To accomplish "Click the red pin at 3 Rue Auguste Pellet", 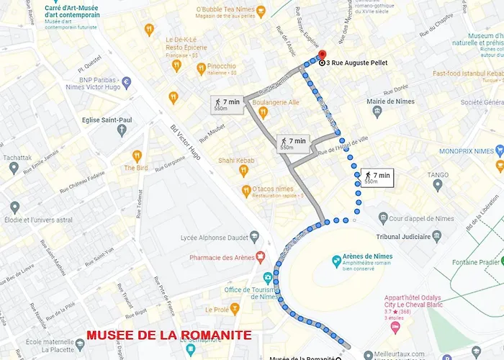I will click(321, 55).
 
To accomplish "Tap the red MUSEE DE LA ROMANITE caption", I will click(169, 336).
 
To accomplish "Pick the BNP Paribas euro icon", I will click(127, 82).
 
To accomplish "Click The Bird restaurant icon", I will click(137, 156).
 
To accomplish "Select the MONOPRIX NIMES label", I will click(466, 151).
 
